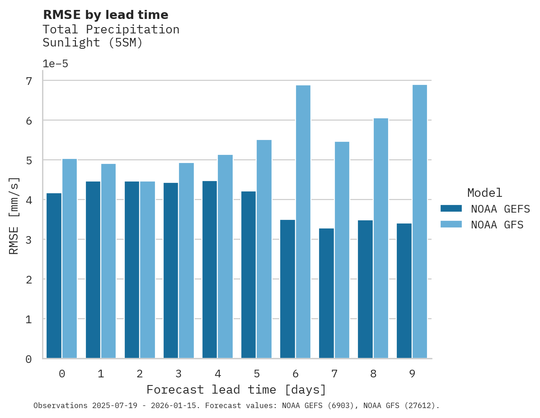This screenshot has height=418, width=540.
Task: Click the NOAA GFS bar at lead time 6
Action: (303, 222)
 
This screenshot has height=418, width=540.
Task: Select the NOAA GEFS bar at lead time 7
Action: (326, 293)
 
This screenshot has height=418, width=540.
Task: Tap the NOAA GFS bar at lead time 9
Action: (419, 222)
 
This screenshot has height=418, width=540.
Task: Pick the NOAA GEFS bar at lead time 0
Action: (54, 276)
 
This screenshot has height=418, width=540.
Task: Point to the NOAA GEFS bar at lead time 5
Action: (249, 275)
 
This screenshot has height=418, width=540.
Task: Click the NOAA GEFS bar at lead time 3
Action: (171, 270)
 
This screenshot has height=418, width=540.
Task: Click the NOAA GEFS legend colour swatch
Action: (451, 209)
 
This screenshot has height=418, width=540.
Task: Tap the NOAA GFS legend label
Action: (497, 225)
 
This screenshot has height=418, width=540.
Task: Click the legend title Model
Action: (484, 193)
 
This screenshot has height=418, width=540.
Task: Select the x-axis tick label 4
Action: (218, 374)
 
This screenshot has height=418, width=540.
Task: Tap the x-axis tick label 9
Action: (412, 374)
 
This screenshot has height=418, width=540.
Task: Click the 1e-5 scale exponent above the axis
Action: (55, 64)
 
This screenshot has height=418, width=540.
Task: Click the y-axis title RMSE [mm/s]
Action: (14, 216)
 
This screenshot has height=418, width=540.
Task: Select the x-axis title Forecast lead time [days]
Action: (236, 390)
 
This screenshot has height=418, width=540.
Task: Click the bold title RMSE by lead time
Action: (105, 15)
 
